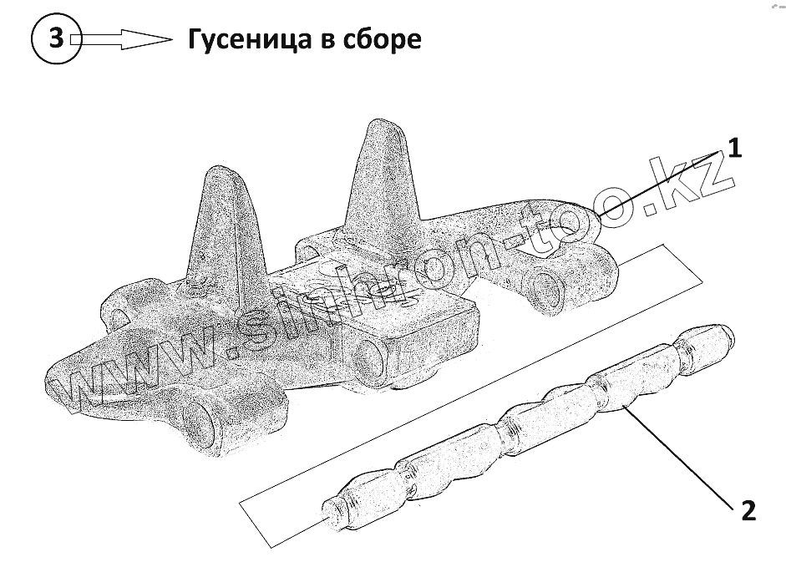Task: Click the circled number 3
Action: point(56,39)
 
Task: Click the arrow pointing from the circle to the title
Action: point(122,39)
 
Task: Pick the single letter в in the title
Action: point(328,41)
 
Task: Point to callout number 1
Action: point(733,149)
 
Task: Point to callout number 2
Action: point(748,510)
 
